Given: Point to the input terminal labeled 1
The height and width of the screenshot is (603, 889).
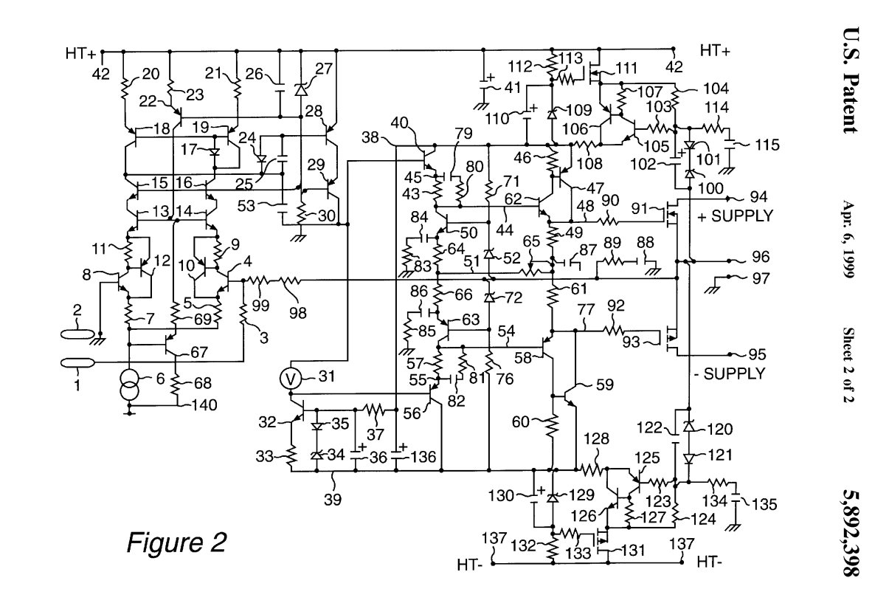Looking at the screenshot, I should pyautogui.click(x=73, y=362).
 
